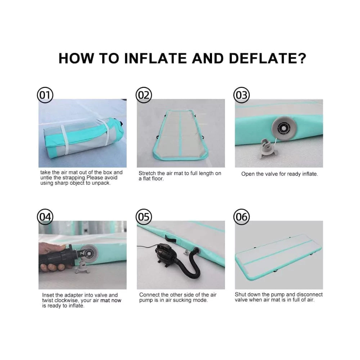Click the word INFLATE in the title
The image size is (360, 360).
coord(156,58)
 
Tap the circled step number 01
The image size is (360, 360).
coord(45,95)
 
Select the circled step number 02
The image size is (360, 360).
coord(144,95)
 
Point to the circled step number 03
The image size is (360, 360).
coord(242,95)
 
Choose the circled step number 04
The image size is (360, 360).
coord(45,217)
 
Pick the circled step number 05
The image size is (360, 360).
coord(144,217)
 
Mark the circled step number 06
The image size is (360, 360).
coord(242,217)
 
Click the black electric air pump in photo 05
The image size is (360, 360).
coord(165,255)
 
